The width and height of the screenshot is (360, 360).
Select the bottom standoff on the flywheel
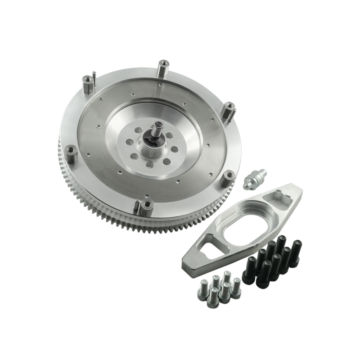coord(145,204)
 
